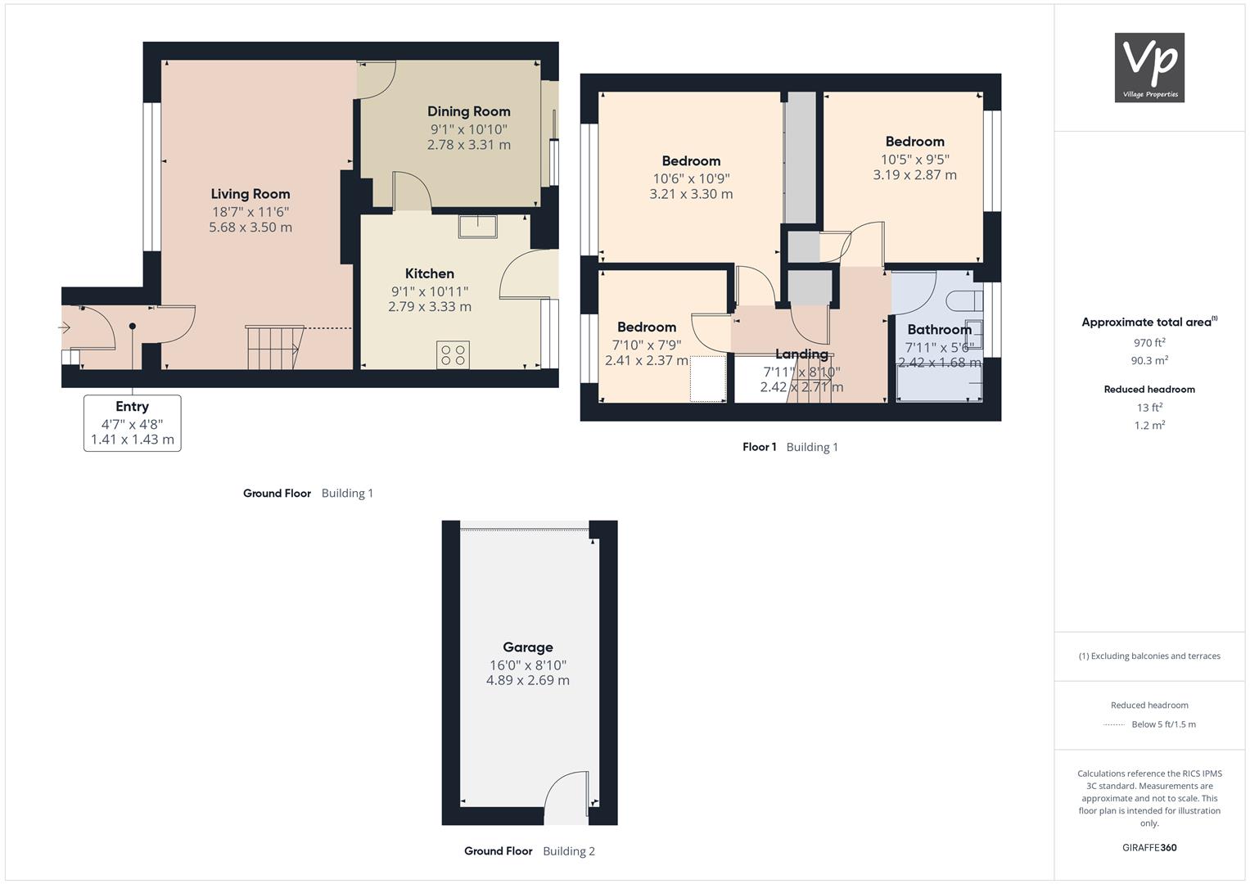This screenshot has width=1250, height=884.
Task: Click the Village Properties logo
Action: pos(1149,67)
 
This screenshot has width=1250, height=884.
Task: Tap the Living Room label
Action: pos(250,194)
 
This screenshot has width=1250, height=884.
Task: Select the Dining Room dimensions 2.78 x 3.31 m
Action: pos(469,145)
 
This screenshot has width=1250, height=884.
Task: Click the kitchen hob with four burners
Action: pos(453,355)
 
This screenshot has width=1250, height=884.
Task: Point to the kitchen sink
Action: pos(478,226)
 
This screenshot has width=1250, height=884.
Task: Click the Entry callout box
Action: pos(133,423)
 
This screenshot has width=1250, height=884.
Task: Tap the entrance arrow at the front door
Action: pos(65,327)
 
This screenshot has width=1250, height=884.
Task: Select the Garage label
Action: pos(528,647)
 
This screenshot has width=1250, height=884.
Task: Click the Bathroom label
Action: pos(940,329)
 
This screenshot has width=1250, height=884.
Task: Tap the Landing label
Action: pos(802,354)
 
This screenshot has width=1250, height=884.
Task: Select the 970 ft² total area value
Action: pos(1149,343)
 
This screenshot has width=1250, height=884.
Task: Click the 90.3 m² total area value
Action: pos(1149,360)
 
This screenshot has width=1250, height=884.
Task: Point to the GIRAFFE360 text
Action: pos(1149,847)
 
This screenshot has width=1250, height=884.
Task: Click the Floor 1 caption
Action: pos(760,446)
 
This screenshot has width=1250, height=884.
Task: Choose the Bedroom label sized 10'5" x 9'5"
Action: pos(915,141)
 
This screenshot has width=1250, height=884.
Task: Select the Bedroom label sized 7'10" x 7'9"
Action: pos(647,327)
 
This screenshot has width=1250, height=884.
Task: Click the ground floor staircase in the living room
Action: pos(274,347)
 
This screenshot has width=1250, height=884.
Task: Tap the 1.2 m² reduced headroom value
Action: pos(1149,426)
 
